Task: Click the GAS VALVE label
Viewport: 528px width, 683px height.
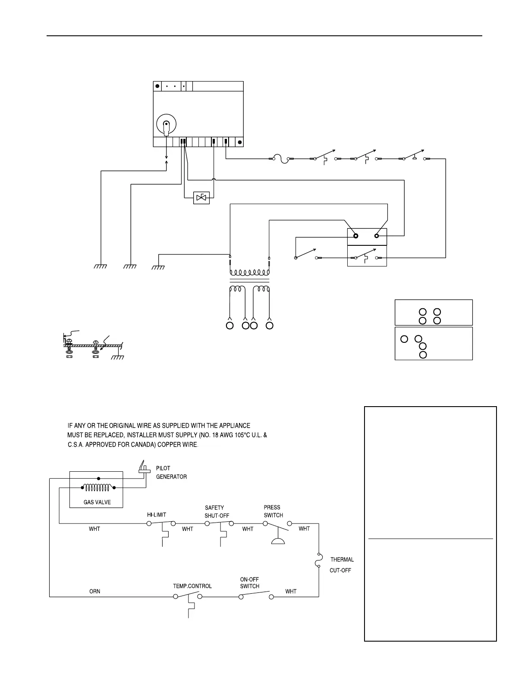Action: pyautogui.click(x=97, y=502)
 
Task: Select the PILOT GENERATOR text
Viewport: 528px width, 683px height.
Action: pyautogui.click(x=171, y=473)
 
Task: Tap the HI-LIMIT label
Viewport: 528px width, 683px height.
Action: pyautogui.click(x=157, y=515)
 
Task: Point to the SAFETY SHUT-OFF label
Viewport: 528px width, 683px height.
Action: pyautogui.click(x=217, y=512)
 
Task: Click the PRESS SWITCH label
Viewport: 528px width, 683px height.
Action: pyautogui.click(x=273, y=511)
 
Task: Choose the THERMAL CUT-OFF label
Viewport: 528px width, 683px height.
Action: pyautogui.click(x=342, y=565)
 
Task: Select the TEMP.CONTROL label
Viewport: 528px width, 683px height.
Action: pyautogui.click(x=192, y=586)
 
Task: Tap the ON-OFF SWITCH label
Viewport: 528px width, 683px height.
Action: pyautogui.click(x=250, y=583)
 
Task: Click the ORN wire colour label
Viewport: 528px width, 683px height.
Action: pyautogui.click(x=94, y=591)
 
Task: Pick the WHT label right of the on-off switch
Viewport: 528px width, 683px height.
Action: pyautogui.click(x=291, y=591)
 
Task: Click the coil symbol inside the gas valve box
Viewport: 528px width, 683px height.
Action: pyautogui.click(x=99, y=487)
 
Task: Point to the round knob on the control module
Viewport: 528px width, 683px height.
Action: pyautogui.click(x=166, y=124)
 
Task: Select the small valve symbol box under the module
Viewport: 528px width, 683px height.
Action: pyautogui.click(x=201, y=197)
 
